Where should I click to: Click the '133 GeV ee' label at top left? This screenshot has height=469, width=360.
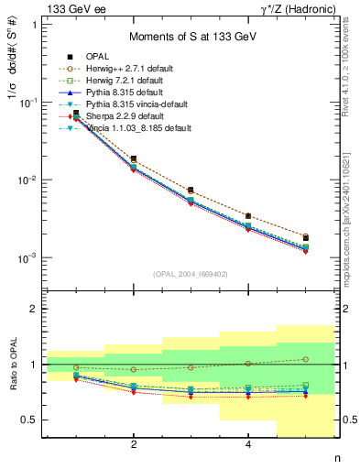click(x=71, y=8)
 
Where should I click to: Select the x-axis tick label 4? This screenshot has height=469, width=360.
click(x=248, y=445)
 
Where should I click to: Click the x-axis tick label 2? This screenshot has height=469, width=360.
click(x=134, y=445)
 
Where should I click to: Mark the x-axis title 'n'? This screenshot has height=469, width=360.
click(x=336, y=458)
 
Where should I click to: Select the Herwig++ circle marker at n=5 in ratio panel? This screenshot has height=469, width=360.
click(x=305, y=359)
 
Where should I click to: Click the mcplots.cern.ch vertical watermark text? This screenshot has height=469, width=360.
click(x=352, y=220)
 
